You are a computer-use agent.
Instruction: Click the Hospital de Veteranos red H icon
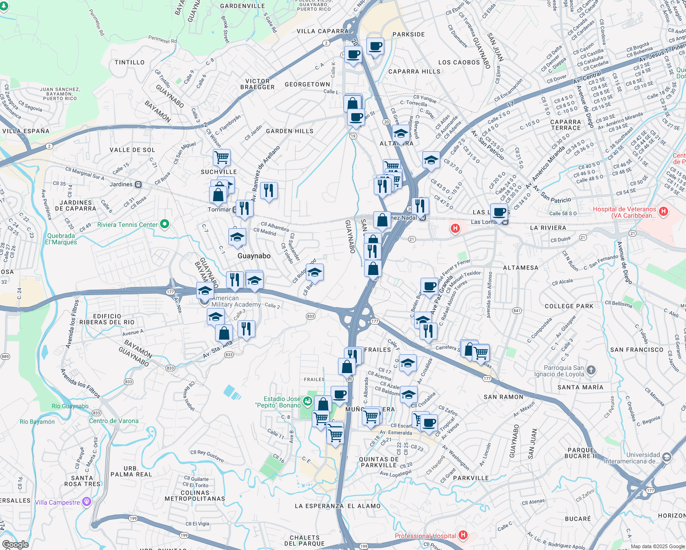[663, 212]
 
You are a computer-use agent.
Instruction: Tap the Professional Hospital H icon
[463, 535]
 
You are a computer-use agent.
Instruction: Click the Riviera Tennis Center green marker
[165, 224]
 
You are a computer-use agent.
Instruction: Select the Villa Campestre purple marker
[86, 502]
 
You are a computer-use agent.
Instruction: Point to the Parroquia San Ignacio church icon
[591, 370]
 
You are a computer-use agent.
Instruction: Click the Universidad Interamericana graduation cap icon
[666, 457]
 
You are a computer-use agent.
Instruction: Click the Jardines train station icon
[138, 184]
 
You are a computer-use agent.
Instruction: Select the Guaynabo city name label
[254, 256]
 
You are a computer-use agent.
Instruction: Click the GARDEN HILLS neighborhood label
[290, 131]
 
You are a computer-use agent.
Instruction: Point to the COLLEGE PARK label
[569, 306]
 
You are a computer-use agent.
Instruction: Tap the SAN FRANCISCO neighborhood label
[636, 350]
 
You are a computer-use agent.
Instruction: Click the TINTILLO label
[130, 62]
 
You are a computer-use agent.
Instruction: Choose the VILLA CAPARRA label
[322, 31]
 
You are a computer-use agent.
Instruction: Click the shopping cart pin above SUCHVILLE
[221, 157]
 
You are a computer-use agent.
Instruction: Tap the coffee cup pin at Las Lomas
[499, 212]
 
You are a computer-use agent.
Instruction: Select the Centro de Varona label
[114, 421]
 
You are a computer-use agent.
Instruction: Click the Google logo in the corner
[15, 544]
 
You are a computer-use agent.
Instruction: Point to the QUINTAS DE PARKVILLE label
[379, 462]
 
